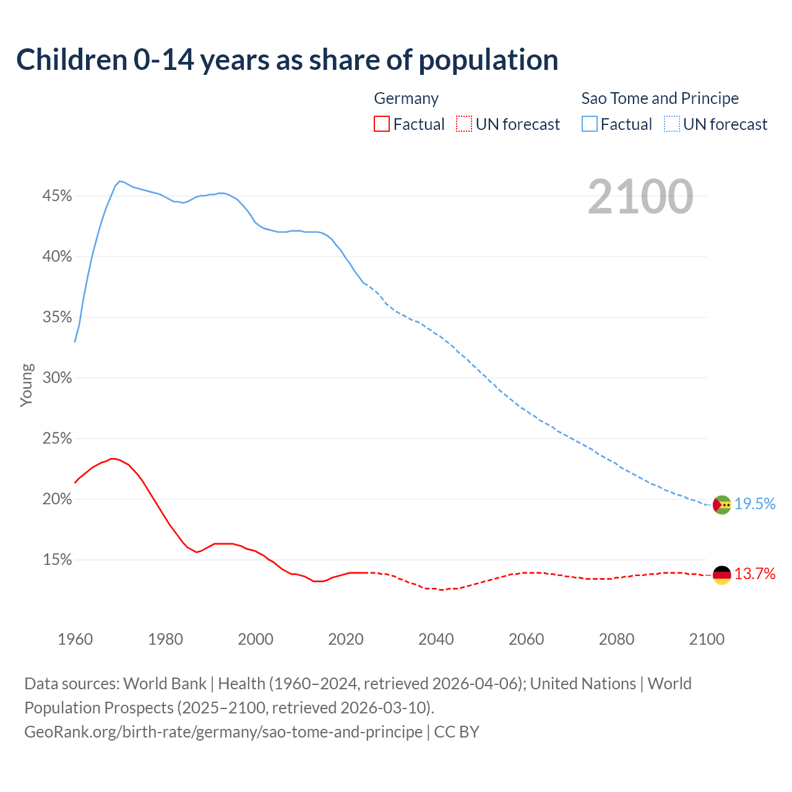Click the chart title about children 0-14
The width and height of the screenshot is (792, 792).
287,60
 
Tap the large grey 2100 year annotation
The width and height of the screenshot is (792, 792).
640,197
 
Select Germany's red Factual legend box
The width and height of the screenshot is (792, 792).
382,124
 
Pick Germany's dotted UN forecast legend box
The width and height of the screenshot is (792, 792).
464,124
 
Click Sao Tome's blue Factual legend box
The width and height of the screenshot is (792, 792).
590,124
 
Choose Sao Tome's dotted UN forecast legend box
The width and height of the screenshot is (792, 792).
672,124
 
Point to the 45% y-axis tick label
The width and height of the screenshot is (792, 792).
57,196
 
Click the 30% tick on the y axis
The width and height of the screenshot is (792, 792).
57,378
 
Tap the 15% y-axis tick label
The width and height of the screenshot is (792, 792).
57,560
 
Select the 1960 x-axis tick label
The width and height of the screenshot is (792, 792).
75,639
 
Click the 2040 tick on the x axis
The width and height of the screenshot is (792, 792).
436,639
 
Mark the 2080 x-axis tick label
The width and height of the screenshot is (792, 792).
616,639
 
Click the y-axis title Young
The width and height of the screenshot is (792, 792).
27,385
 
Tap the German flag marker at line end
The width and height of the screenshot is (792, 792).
722,575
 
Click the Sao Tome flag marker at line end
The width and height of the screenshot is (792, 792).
722,505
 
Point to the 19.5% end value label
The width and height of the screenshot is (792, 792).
755,504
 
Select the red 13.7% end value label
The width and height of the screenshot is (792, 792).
755,574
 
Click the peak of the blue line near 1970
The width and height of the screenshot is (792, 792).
119,181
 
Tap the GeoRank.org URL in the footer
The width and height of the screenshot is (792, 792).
223,732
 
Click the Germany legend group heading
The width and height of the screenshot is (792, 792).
406,98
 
